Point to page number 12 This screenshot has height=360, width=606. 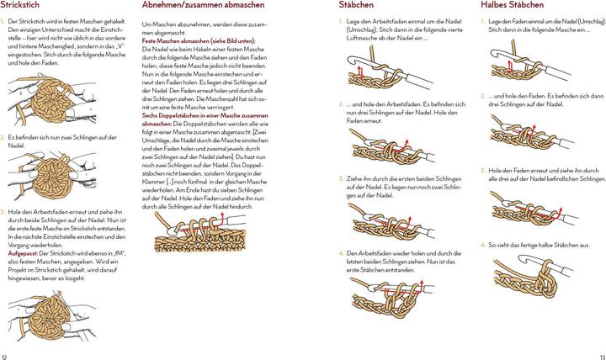pyautogui.click(x=6, y=355)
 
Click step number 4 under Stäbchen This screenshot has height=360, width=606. pyautogui.click(x=341, y=251)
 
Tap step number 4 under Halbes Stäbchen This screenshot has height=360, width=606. pyautogui.click(x=483, y=244)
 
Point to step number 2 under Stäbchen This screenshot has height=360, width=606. pyautogui.click(x=341, y=104)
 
